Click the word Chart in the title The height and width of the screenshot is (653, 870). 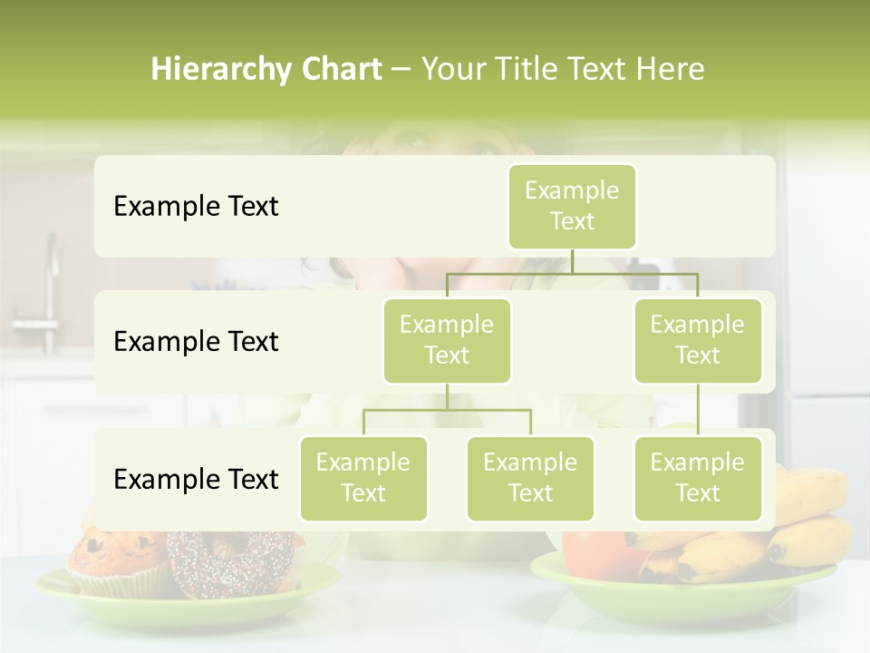(339, 69)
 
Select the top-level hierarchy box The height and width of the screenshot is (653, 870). (572, 206)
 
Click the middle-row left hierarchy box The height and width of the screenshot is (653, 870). (447, 340)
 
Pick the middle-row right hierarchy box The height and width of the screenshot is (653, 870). (698, 340)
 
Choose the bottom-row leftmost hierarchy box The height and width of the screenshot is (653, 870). (363, 478)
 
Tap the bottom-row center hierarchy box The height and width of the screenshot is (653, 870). (530, 478)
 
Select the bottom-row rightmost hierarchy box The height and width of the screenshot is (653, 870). (698, 478)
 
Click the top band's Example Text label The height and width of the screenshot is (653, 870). (196, 207)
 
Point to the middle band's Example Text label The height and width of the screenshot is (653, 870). (196, 342)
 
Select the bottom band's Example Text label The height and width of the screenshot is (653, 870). (196, 479)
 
